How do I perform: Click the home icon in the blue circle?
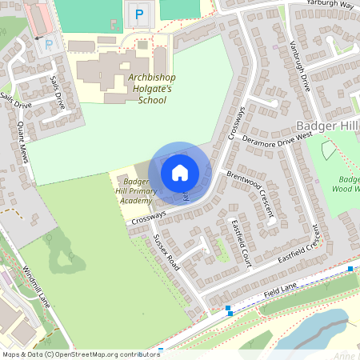click(x=180, y=172)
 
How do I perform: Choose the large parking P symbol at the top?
click(x=139, y=14)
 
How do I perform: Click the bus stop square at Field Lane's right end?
click(x=350, y=270)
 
